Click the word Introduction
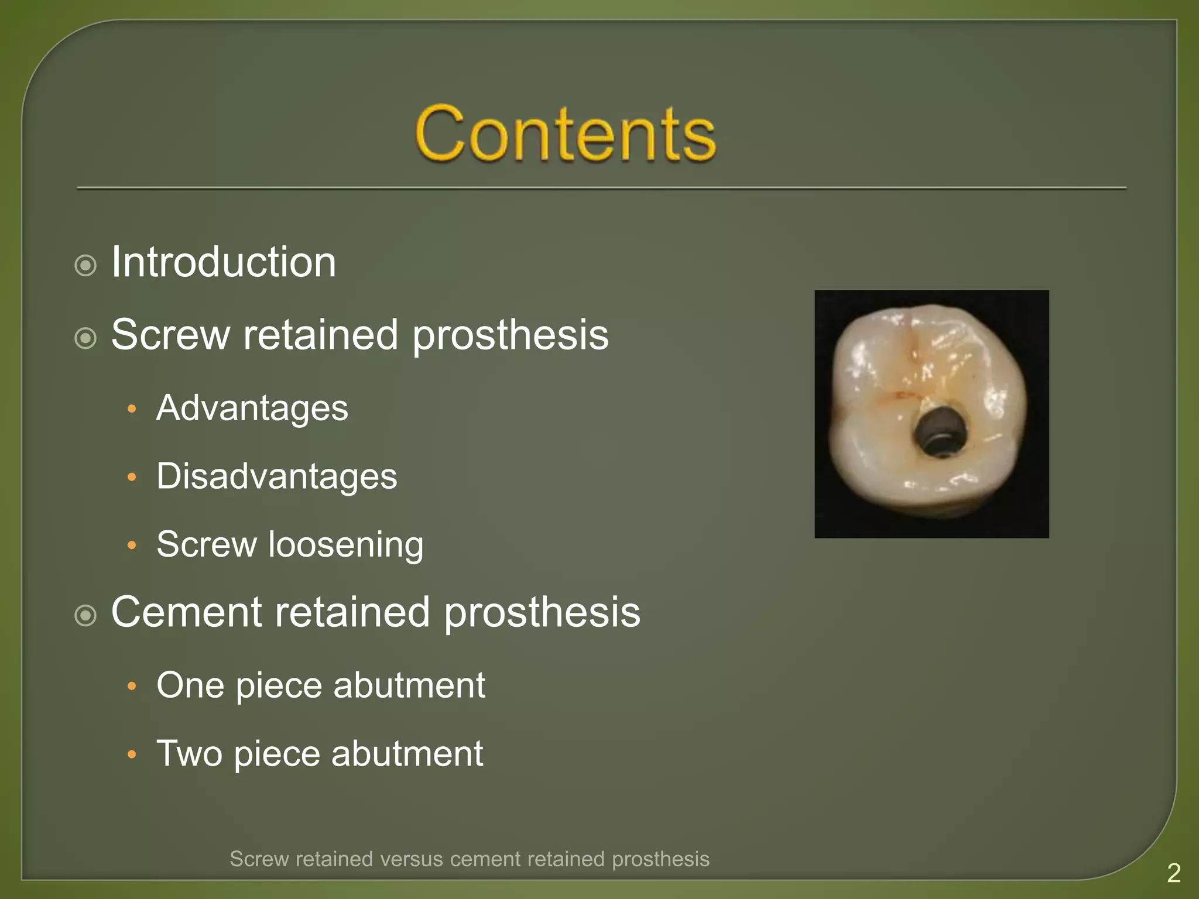[x=224, y=262]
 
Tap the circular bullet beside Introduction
[x=86, y=266]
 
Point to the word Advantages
[x=252, y=408]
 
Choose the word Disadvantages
[x=276, y=476]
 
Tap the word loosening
[x=346, y=545]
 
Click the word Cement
[x=187, y=612]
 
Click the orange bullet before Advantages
[x=132, y=409]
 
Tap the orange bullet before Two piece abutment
[x=132, y=754]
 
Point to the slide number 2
[x=1173, y=873]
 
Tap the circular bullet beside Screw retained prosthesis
[x=86, y=338]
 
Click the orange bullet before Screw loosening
[x=132, y=545]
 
